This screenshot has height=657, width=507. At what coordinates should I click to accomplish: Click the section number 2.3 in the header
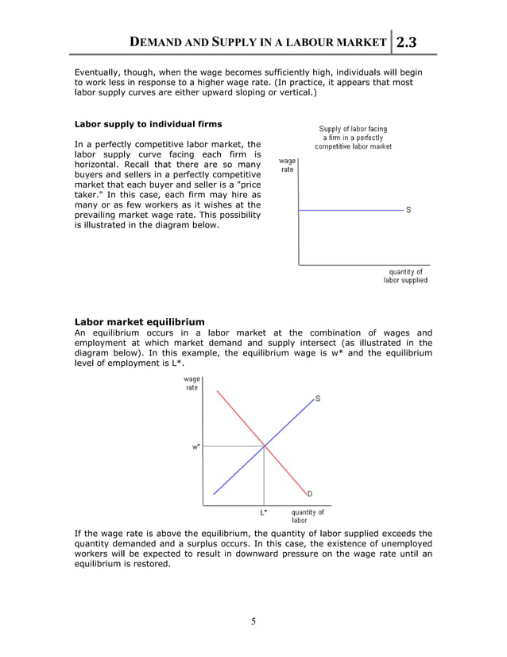click(415, 41)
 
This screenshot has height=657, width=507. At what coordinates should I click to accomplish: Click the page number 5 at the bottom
click(253, 621)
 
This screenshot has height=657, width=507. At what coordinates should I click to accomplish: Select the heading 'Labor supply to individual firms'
click(148, 124)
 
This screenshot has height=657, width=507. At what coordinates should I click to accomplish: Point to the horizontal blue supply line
click(350, 209)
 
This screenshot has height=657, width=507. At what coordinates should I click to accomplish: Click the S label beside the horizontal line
click(408, 210)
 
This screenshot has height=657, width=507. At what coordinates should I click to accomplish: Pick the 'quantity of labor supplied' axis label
click(405, 276)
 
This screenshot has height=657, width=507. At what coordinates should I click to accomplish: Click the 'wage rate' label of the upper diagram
click(287, 165)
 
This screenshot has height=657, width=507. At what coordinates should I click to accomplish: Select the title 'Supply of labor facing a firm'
click(353, 138)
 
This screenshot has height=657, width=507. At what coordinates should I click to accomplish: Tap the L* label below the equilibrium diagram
click(264, 512)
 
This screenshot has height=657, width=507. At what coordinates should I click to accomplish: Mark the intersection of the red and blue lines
click(264, 446)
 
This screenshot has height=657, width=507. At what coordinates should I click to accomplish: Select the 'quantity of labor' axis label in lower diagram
click(308, 516)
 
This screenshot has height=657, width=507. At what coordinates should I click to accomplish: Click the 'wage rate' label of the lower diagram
click(192, 383)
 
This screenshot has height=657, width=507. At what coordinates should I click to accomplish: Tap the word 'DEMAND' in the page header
click(159, 42)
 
